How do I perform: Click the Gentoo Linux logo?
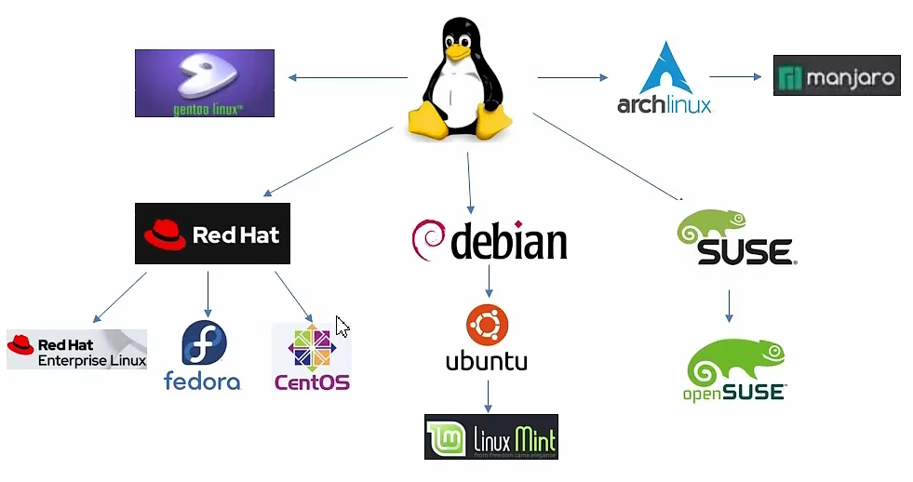click(205, 83)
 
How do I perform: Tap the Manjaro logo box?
click(837, 75)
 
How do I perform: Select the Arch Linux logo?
click(664, 78)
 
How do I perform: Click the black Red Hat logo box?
click(212, 234)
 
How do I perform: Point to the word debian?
click(508, 241)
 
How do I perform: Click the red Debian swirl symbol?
click(426, 239)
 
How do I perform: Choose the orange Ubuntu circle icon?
click(487, 326)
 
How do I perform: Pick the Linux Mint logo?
click(490, 436)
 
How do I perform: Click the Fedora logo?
click(203, 355)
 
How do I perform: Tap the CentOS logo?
click(311, 357)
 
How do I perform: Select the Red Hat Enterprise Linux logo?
click(76, 349)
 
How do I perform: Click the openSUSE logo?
click(734, 369)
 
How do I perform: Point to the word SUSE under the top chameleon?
click(745, 251)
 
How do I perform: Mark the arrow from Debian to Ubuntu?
click(488, 281)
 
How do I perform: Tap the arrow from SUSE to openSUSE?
click(729, 305)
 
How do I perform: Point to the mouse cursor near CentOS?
click(342, 327)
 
